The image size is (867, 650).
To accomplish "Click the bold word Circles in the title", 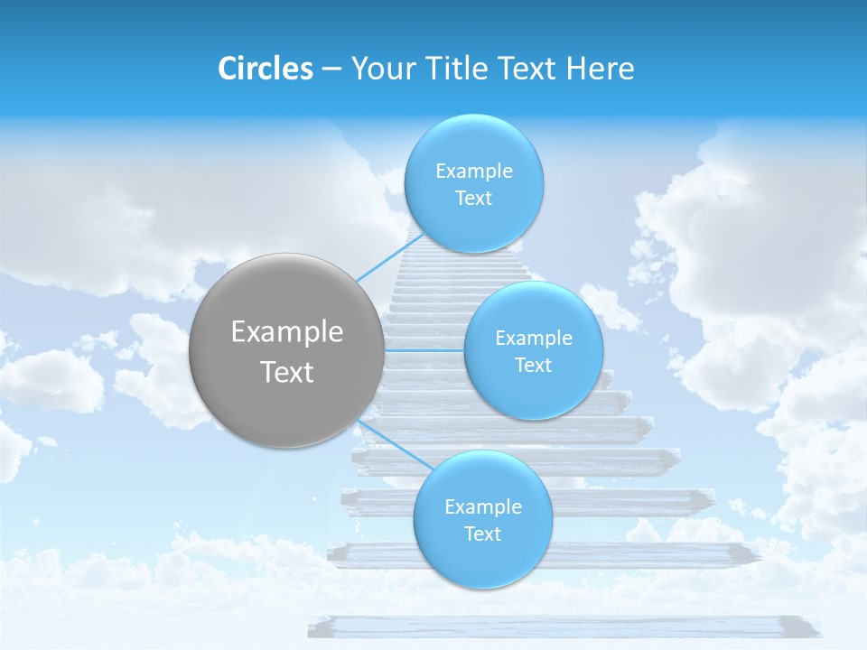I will click(x=265, y=69).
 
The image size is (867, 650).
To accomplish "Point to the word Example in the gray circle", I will click(x=287, y=332).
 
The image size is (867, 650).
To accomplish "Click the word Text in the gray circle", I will click(x=287, y=372).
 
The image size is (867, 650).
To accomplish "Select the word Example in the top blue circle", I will click(x=474, y=172).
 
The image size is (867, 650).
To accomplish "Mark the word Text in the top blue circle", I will click(x=473, y=199).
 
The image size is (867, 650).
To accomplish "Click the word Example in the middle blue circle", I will click(x=534, y=339).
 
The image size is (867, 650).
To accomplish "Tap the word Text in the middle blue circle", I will click(x=533, y=366).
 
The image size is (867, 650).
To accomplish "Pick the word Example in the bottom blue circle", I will click(x=483, y=507).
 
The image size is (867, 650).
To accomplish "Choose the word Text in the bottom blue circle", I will click(x=482, y=534).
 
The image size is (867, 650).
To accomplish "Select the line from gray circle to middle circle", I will click(x=424, y=350).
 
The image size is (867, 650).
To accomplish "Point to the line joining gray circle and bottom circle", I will click(x=389, y=443).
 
